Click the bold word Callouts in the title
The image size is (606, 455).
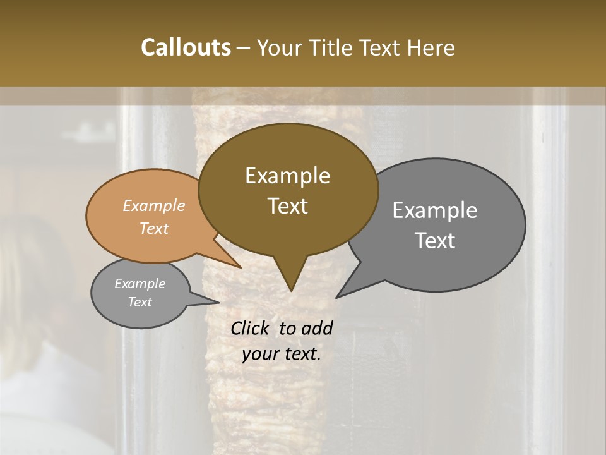coord(186,47)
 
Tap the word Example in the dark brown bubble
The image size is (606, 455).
coord(287,176)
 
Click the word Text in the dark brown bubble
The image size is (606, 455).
coord(287,206)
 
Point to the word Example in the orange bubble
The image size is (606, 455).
coord(153,205)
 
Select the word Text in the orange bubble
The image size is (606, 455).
coord(153,228)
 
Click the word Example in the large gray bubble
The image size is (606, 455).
coord(435,210)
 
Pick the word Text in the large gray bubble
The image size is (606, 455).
coord(435,241)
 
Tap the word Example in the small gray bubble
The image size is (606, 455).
coord(140,284)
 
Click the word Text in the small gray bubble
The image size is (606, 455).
coord(140,302)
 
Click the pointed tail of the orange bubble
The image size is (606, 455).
coord(237,264)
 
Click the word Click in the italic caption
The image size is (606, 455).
coord(251,328)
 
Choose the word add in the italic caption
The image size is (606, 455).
coord(317,328)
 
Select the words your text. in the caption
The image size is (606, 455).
coord(282,354)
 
